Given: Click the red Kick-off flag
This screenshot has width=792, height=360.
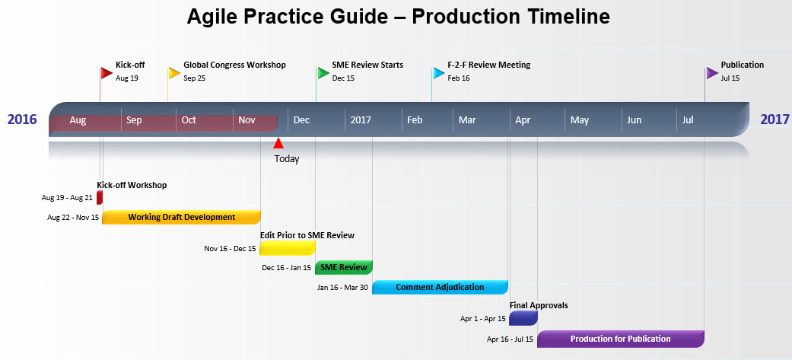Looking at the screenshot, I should pyautogui.click(x=107, y=73).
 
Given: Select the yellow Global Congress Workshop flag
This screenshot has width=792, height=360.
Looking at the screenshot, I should pyautogui.click(x=174, y=73).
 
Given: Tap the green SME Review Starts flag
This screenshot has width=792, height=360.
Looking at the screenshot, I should pyautogui.click(x=323, y=73).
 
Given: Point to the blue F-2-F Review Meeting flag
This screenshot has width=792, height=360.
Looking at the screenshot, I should pyautogui.click(x=438, y=73).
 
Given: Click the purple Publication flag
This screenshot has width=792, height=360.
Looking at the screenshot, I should pyautogui.click(x=711, y=73).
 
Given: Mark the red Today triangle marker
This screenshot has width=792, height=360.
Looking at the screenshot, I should pyautogui.click(x=278, y=143).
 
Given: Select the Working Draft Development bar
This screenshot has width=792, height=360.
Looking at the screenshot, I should pyautogui.click(x=181, y=218).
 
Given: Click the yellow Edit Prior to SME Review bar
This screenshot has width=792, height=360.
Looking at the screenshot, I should pyautogui.click(x=287, y=248).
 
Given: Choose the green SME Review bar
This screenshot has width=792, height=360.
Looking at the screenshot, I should pyautogui.click(x=343, y=267).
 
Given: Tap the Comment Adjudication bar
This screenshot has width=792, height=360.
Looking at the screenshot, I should pyautogui.click(x=440, y=287).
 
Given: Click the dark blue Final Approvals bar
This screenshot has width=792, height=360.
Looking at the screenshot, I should pyautogui.click(x=523, y=318).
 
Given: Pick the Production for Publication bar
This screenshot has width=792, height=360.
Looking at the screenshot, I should pyautogui.click(x=620, y=339).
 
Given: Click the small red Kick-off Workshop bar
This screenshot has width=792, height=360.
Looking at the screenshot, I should pyautogui.click(x=100, y=198).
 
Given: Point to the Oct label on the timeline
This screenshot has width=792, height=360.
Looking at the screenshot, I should pyautogui.click(x=189, y=120).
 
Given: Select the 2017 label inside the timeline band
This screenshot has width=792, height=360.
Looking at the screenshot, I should pyautogui.click(x=361, y=120).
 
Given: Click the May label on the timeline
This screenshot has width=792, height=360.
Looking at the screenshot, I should pyautogui.click(x=580, y=120).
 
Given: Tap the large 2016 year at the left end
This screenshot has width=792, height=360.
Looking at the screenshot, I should pyautogui.click(x=22, y=119).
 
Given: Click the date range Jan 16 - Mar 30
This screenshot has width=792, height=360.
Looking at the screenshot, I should pyautogui.click(x=342, y=288).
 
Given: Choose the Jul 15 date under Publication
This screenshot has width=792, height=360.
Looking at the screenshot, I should pyautogui.click(x=730, y=78).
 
